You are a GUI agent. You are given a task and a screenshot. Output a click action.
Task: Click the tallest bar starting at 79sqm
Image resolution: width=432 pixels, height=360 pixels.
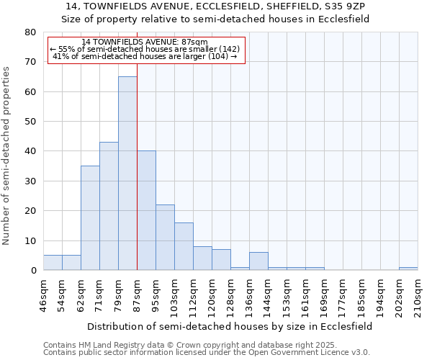[127, 173]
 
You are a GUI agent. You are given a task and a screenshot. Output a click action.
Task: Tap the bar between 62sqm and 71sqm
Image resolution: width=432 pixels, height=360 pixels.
[90, 217]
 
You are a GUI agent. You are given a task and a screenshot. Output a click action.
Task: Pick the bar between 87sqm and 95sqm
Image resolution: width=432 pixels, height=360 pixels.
[146, 210]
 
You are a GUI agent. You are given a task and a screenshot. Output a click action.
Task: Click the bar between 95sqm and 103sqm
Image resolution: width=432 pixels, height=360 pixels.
[165, 238]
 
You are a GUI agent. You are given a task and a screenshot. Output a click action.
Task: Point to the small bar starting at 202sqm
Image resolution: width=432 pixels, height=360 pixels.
[408, 269]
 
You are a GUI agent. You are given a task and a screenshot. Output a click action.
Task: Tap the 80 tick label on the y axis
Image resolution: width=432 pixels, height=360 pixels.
[30, 32]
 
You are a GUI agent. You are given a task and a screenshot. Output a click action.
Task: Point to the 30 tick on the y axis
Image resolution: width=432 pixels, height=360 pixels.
[30, 181]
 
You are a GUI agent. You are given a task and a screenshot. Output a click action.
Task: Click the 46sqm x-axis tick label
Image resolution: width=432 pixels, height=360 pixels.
[44, 294]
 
